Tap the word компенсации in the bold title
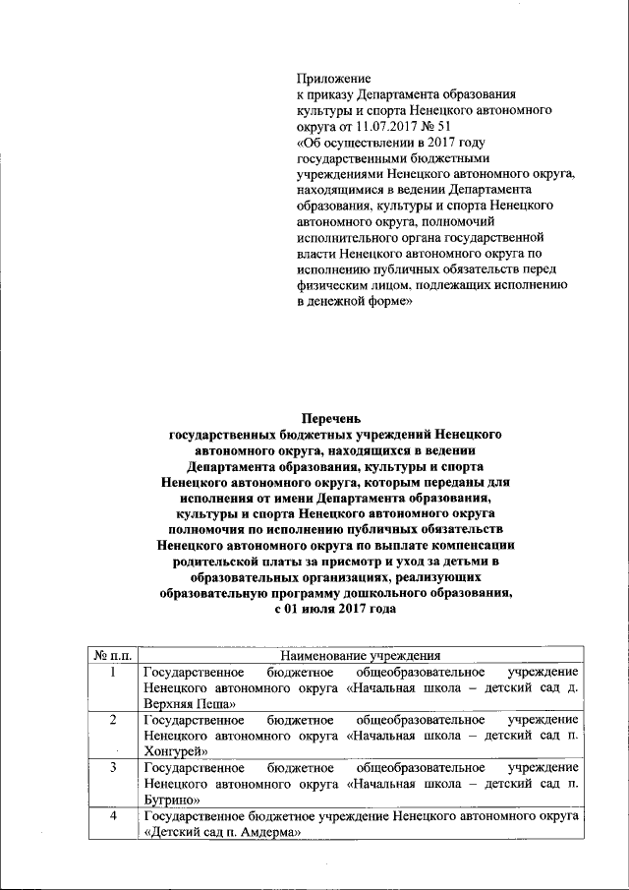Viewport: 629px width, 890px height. (x=481, y=543)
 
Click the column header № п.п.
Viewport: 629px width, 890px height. (x=113, y=655)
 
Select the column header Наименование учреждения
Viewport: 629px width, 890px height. (x=361, y=655)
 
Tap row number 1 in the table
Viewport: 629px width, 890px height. (x=114, y=672)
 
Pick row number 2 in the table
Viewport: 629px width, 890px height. (x=114, y=720)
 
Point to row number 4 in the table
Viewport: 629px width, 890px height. (x=114, y=816)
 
